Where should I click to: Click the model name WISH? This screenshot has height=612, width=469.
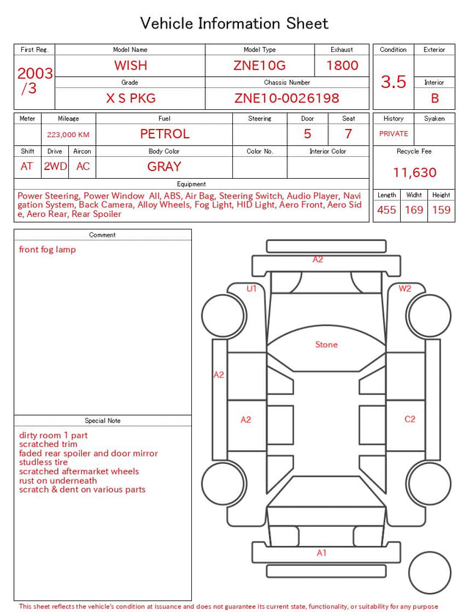click(130, 65)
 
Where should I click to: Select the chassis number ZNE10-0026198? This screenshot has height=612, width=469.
click(287, 98)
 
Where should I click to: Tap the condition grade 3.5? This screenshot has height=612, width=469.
click(394, 81)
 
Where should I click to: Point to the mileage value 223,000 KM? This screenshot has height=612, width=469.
click(68, 135)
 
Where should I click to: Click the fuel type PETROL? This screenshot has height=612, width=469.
click(165, 134)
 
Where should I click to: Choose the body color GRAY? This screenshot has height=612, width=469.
click(164, 166)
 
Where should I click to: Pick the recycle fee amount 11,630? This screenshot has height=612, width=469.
click(414, 172)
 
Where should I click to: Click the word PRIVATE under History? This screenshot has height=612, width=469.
click(394, 133)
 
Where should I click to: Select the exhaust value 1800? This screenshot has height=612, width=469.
click(342, 65)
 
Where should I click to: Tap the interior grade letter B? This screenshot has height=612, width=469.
click(435, 98)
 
